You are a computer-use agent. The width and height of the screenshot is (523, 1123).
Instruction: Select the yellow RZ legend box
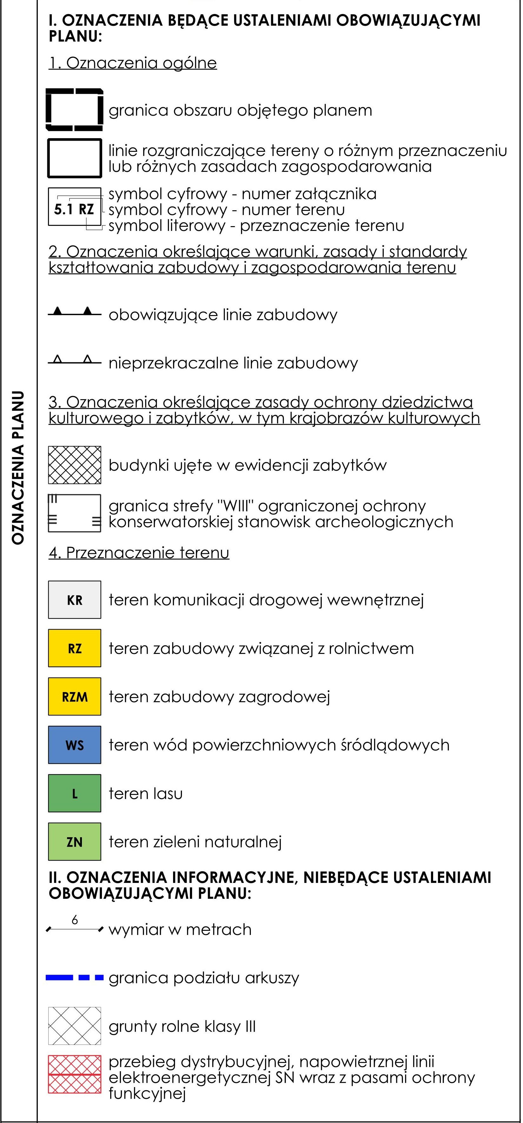[x=75, y=648]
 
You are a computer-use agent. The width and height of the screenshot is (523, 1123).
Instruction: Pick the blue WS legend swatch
[x=75, y=745]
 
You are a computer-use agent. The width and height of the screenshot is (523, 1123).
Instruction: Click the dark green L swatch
[x=75, y=793]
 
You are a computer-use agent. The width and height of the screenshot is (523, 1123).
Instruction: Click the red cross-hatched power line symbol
[x=75, y=1074]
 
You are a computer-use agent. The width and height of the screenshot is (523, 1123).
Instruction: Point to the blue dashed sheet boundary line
[x=75, y=978]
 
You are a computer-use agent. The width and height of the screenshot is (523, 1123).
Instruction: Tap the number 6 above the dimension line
[x=75, y=920]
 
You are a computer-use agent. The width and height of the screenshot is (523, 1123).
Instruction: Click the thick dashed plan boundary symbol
[x=75, y=110]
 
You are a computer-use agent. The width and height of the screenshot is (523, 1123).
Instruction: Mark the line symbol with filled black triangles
[x=75, y=312]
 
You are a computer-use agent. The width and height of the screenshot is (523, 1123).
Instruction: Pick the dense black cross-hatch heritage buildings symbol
[x=75, y=465]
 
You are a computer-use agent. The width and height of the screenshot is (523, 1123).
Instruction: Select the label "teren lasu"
[x=145, y=793]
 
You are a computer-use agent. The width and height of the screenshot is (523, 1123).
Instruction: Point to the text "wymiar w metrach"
[x=180, y=930]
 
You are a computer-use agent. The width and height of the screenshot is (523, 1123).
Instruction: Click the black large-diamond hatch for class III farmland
[x=75, y=1026]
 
